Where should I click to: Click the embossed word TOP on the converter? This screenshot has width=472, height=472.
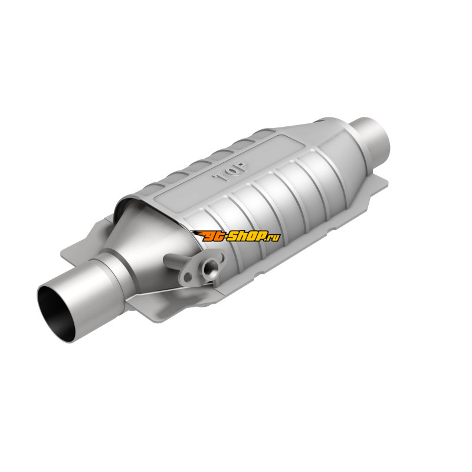click(230, 172)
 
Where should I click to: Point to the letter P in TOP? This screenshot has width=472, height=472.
click(242, 168)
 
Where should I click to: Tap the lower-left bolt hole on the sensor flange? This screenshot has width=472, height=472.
click(188, 276)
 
